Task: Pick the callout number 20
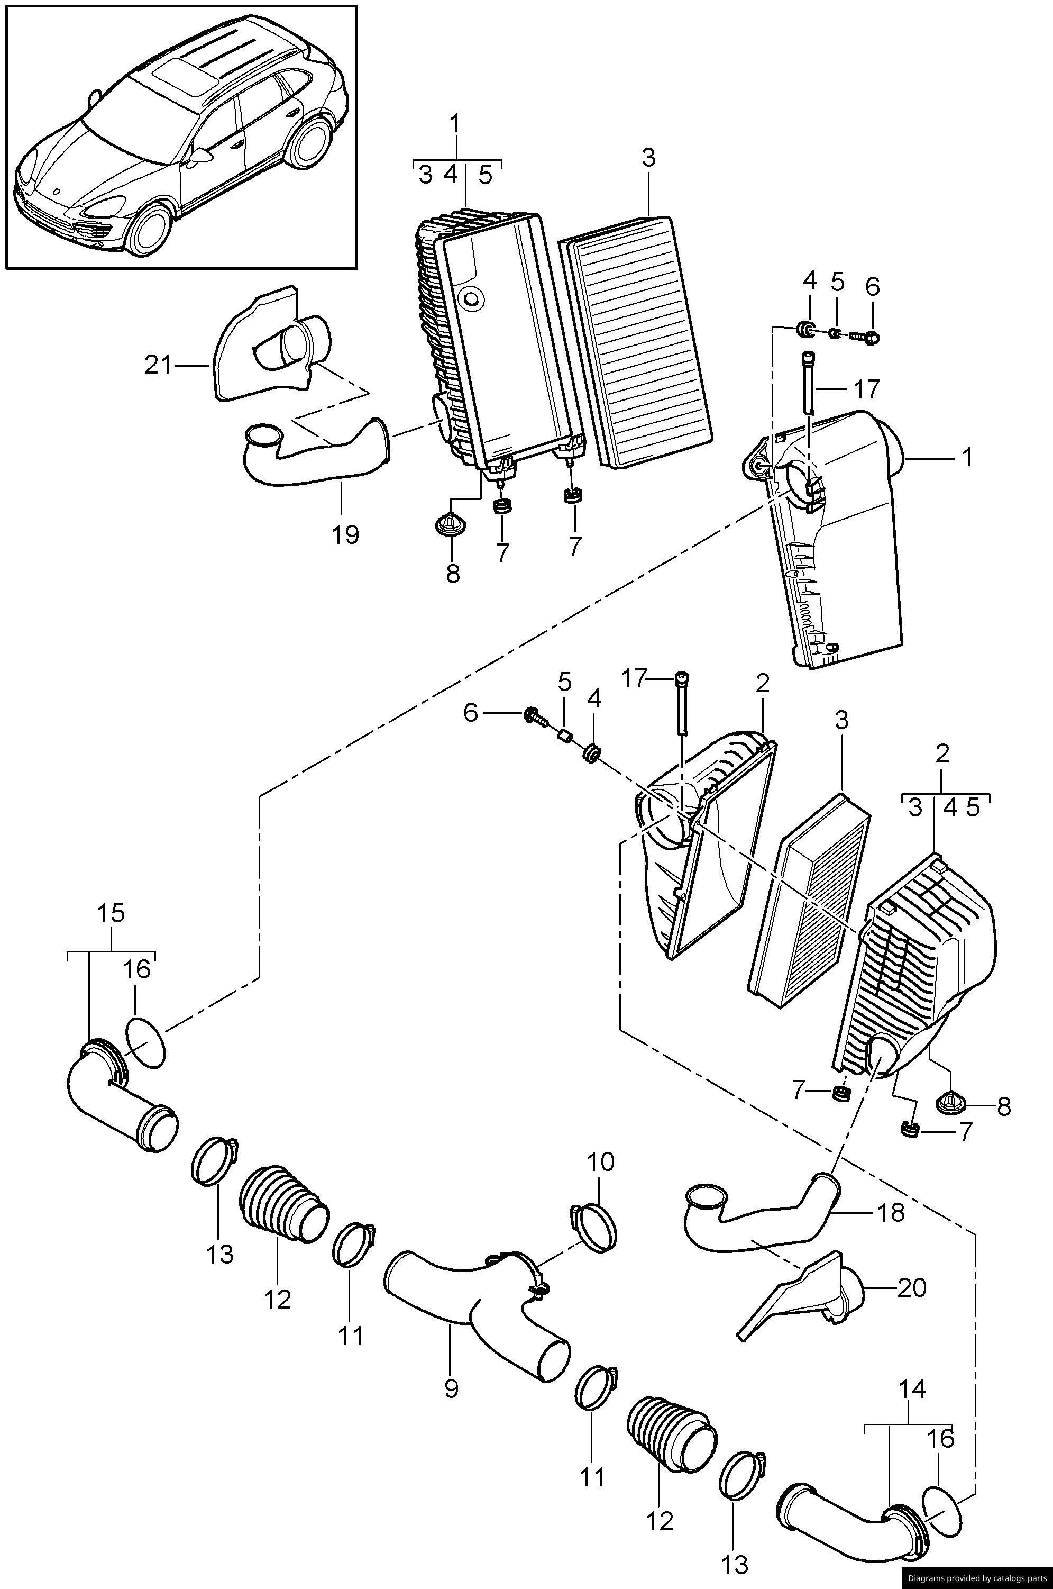click(x=912, y=1287)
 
